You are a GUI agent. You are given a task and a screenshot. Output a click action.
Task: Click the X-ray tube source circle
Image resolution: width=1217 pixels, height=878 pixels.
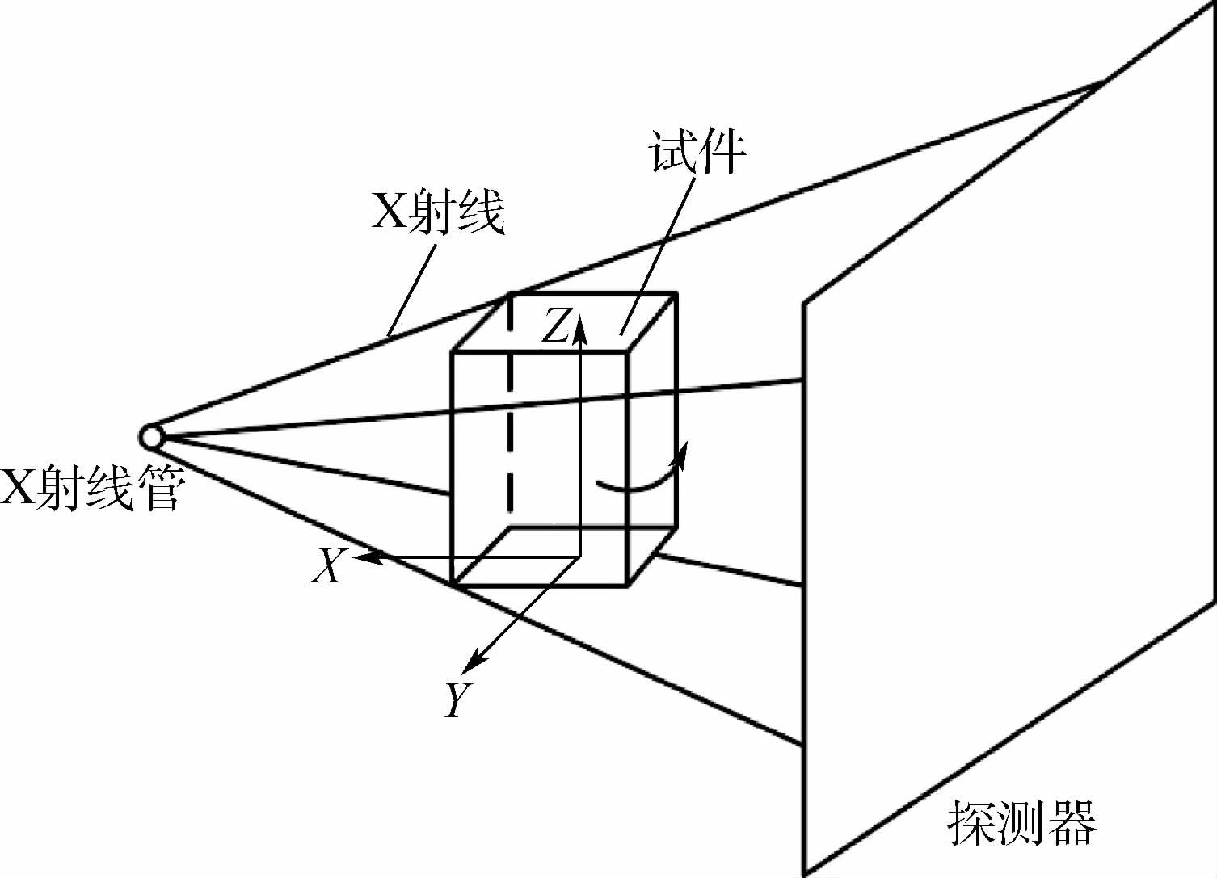coord(151,437)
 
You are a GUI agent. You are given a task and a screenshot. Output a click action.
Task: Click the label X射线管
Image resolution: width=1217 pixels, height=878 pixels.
coord(93,489)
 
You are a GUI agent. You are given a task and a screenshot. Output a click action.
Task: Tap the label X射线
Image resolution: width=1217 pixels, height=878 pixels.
coord(437,212)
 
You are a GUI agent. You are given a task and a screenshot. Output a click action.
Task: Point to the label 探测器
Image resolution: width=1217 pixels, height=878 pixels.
coord(1021,821)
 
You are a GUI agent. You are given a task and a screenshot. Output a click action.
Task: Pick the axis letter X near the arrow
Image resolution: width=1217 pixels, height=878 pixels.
coord(327,565)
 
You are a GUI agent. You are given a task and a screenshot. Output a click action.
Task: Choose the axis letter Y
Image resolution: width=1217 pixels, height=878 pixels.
coord(457,699)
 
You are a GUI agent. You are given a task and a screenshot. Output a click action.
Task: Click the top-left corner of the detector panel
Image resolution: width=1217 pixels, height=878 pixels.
coord(803,304)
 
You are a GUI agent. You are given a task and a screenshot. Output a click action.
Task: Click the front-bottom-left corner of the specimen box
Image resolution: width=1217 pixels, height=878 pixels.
coord(451,584)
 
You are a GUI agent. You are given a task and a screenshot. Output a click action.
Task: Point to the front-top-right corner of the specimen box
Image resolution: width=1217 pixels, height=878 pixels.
coord(628,352)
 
